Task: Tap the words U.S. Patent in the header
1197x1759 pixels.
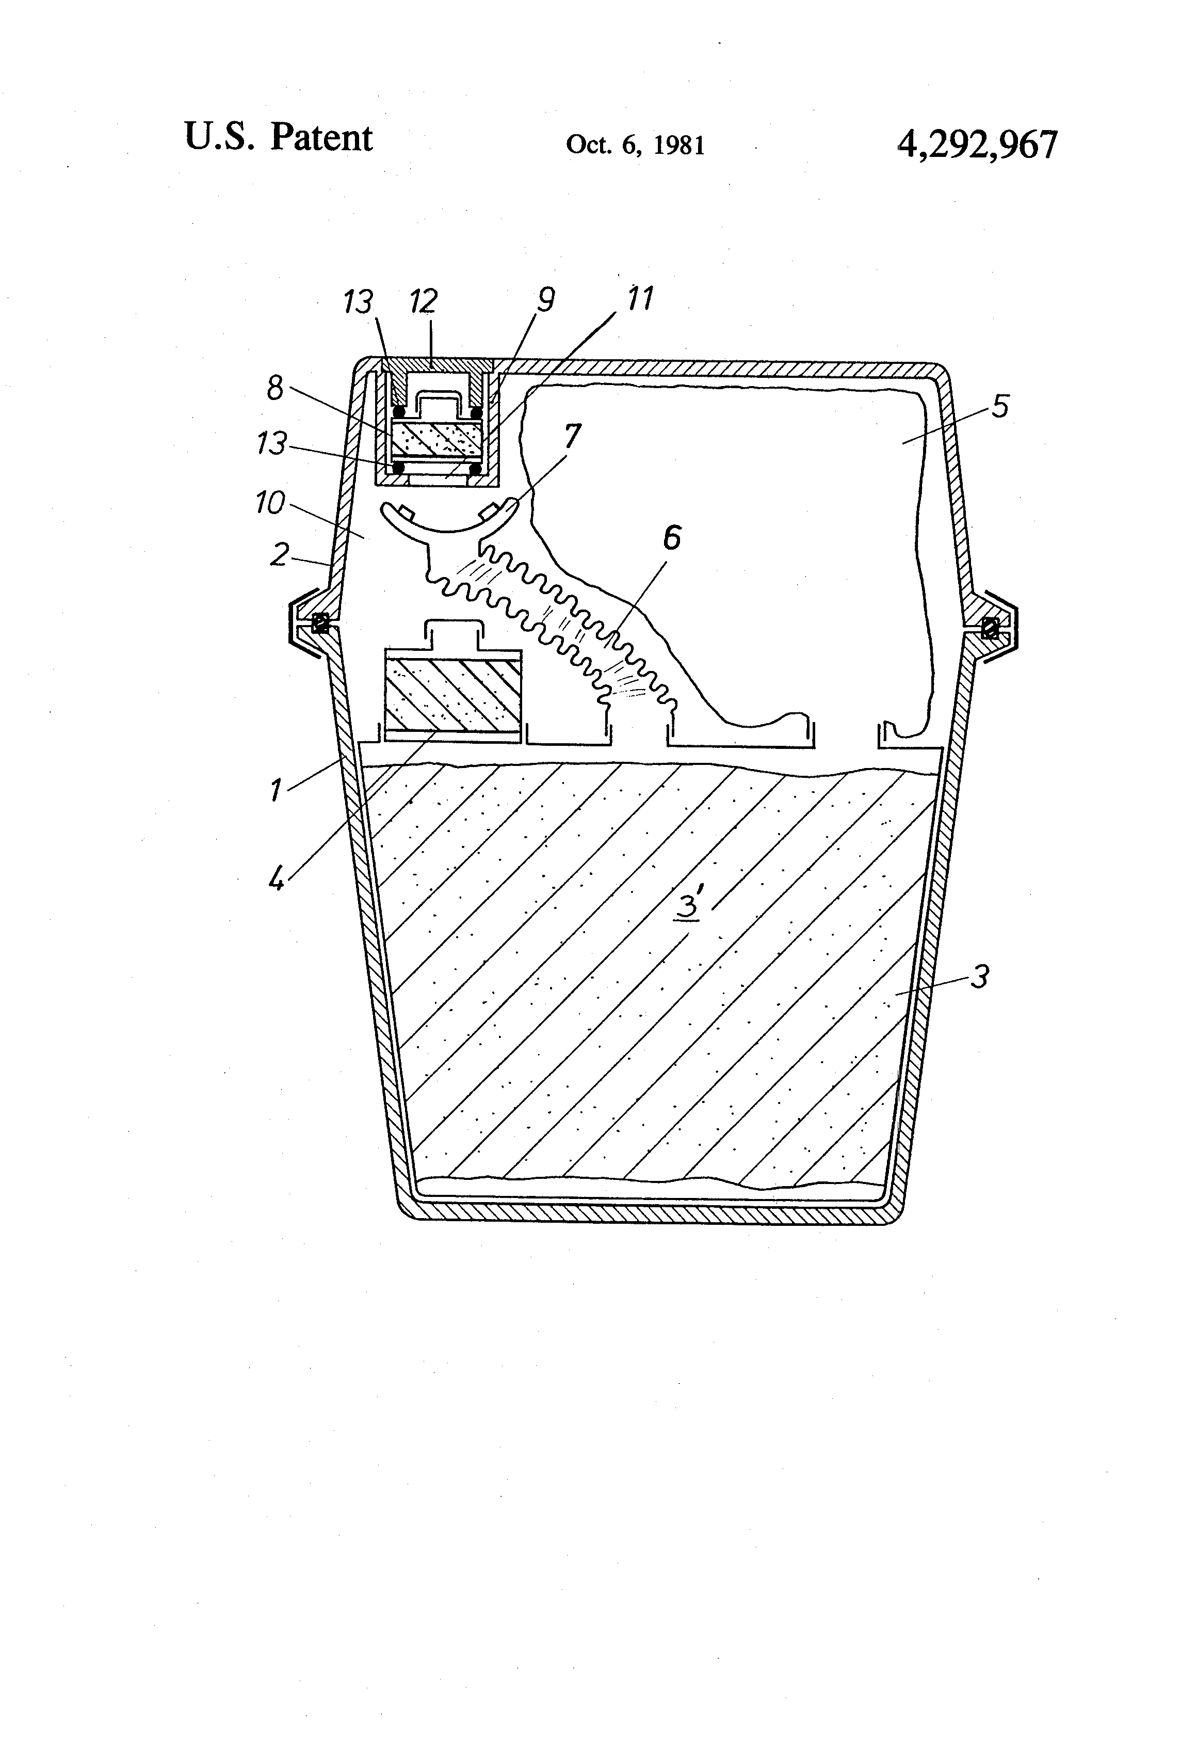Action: (279, 138)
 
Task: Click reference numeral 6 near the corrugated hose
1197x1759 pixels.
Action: (671, 539)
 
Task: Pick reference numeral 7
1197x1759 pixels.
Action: (573, 436)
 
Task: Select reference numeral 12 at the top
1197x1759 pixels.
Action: (423, 302)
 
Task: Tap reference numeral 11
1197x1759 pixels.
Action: (640, 299)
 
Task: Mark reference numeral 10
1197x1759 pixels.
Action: (270, 503)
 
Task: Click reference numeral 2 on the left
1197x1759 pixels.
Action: (279, 555)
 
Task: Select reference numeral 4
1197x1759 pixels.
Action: (278, 879)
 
